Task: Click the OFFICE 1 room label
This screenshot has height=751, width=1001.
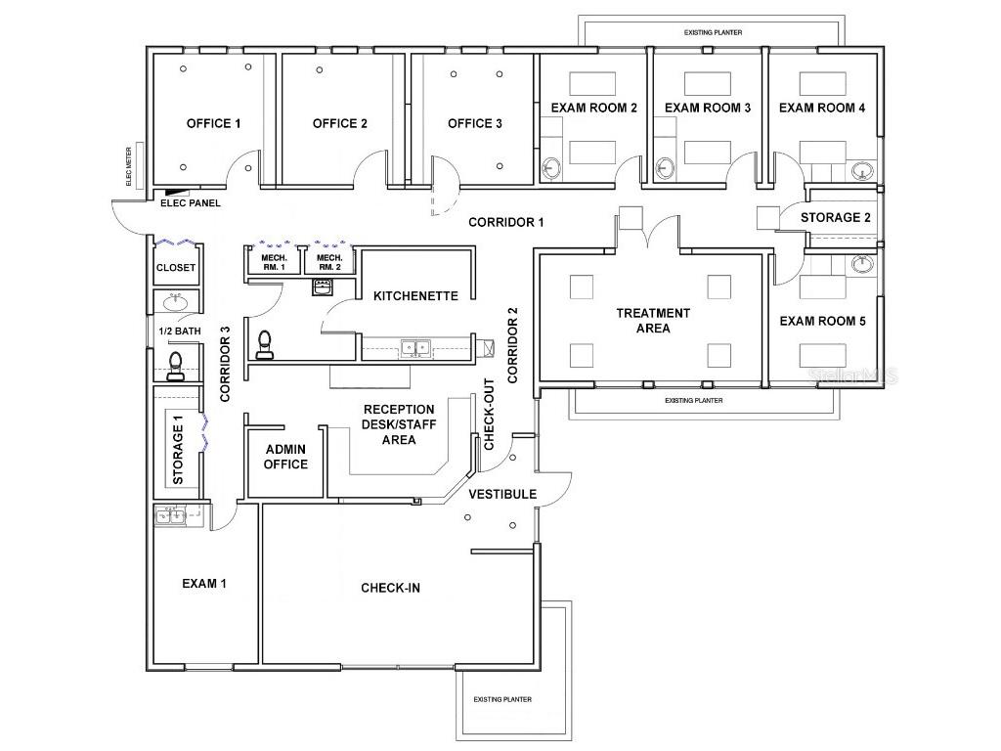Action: [x=213, y=123]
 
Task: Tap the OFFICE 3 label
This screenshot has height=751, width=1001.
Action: [x=474, y=123]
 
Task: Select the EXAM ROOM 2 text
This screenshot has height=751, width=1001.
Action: [x=593, y=108]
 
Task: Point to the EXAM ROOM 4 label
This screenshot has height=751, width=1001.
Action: [x=821, y=108]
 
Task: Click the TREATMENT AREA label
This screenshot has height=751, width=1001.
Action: [x=652, y=321]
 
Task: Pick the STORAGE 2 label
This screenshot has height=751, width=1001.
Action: [x=835, y=217]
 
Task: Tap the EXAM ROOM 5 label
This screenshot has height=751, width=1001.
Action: [x=821, y=321]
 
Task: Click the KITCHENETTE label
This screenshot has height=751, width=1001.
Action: [x=415, y=295]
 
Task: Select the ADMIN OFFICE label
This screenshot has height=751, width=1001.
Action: [x=285, y=457]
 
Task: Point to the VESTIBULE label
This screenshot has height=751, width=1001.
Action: [x=501, y=495]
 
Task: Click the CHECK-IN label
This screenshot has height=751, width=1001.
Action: [x=390, y=588]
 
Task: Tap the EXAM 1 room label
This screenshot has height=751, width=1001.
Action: [x=204, y=584]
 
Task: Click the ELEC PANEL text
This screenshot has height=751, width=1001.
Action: [x=190, y=203]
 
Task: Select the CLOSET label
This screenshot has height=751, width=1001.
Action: [x=176, y=267]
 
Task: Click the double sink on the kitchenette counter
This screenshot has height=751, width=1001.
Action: [x=416, y=346]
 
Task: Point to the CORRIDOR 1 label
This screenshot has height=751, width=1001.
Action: [x=505, y=222]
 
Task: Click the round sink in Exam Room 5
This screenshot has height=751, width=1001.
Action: [x=860, y=265]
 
